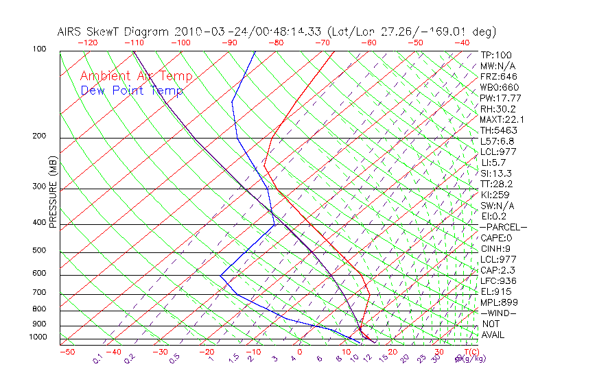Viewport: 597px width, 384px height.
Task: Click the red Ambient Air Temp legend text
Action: point(136,76)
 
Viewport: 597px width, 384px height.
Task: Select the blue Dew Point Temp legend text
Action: point(132,91)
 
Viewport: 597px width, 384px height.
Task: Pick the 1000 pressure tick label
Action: point(38,337)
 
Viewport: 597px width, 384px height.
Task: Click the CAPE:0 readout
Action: point(496,238)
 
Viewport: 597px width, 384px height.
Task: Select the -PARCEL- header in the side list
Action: point(503,227)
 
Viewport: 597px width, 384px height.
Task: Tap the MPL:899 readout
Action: point(499,302)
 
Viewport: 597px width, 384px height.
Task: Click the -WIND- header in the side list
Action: point(498,313)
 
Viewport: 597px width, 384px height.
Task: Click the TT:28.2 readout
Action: point(497,184)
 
